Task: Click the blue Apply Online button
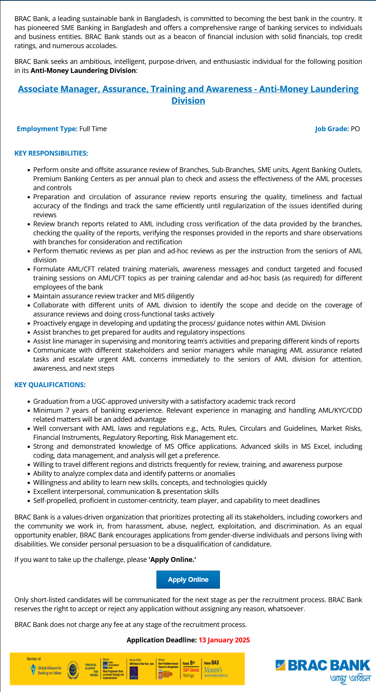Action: coord(188,579)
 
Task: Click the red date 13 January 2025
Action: coord(224,640)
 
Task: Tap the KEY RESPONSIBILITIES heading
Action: coord(51,153)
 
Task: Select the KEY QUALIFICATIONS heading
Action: coord(50,385)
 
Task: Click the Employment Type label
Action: coord(47,129)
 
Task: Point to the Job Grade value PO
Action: coord(355,129)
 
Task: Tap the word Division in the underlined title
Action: coord(188,101)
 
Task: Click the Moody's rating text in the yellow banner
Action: coord(213,670)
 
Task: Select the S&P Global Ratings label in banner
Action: coord(191,670)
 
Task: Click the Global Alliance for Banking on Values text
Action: coord(49,670)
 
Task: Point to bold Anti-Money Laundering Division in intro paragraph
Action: coord(83,70)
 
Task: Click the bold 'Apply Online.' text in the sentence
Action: coord(172,559)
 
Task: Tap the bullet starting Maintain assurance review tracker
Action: coord(114,296)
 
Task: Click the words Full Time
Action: coord(93,129)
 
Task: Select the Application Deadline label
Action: coord(161,640)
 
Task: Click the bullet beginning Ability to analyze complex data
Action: coord(134,473)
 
